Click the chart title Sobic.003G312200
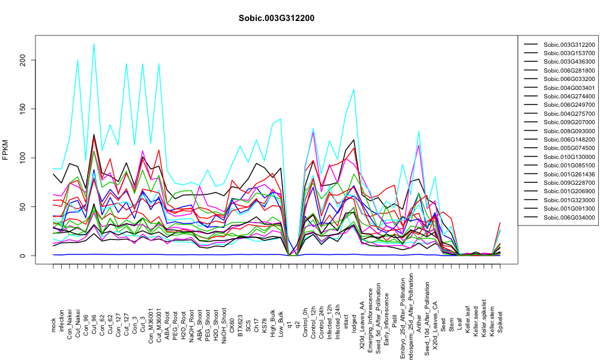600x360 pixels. click(x=276, y=19)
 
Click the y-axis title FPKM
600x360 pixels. click(x=5, y=149)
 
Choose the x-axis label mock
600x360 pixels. click(x=53, y=325)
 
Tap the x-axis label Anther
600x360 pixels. click(x=419, y=323)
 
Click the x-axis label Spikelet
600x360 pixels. click(x=500, y=322)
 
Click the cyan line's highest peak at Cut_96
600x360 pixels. click(x=94, y=44)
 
